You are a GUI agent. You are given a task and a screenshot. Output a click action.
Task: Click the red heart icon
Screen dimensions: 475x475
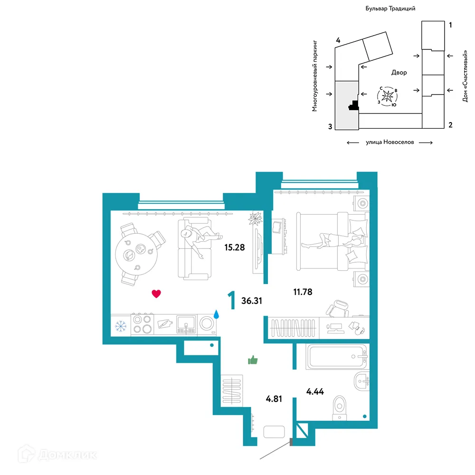(x=156, y=294)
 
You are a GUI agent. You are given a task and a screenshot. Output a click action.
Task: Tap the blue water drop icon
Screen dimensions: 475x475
(x=216, y=314)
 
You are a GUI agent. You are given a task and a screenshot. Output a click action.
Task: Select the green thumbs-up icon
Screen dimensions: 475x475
(x=253, y=360)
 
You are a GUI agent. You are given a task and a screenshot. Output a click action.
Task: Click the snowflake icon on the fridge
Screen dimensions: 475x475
(x=121, y=326)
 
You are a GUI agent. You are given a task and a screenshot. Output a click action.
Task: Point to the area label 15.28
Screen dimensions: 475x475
(x=235, y=247)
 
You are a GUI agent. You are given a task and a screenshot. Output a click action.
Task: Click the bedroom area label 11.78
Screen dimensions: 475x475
(x=303, y=292)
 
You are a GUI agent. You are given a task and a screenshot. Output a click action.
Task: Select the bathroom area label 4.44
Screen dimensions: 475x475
(x=315, y=392)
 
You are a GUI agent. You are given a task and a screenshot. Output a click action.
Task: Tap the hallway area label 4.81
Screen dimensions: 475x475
(x=274, y=399)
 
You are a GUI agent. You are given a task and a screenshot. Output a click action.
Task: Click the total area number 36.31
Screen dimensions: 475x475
(x=252, y=301)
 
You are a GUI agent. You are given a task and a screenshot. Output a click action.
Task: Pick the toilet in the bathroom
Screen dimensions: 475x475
(x=340, y=408)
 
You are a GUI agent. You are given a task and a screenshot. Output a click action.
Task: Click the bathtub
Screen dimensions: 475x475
(x=336, y=357)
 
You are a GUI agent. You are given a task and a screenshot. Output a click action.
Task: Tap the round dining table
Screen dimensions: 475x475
(x=136, y=254)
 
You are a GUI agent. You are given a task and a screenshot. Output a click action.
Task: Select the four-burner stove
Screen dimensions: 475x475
(x=142, y=324)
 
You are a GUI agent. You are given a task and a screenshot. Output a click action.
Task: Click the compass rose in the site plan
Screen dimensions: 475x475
(x=388, y=96)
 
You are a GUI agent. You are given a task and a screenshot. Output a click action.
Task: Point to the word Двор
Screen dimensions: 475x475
(x=399, y=72)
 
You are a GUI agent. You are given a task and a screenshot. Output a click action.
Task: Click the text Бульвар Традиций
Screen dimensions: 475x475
(x=390, y=9)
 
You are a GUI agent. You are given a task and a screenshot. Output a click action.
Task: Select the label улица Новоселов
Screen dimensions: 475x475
(x=389, y=142)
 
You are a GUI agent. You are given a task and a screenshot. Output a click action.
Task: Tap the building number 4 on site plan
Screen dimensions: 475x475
(x=338, y=40)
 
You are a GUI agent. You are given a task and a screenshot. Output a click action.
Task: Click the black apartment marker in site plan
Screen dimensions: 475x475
(x=354, y=105)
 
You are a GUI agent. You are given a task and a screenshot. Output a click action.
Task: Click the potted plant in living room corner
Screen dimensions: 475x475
(x=255, y=218)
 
